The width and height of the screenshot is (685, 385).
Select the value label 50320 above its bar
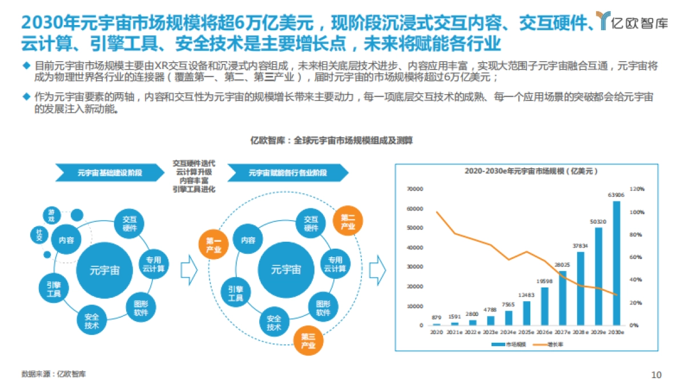click(598, 221)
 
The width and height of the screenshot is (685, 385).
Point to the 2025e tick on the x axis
click(526, 332)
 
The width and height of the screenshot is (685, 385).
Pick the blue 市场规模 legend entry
click(508, 345)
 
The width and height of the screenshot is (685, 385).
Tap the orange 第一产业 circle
click(213, 245)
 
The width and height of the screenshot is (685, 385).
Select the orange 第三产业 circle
click(308, 341)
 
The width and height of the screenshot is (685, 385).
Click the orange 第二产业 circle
click(348, 221)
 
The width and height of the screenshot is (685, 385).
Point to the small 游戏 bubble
click(52, 216)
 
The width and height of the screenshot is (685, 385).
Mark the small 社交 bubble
click(39, 234)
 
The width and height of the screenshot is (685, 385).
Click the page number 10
click(656, 375)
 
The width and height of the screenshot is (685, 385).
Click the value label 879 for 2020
click(437, 317)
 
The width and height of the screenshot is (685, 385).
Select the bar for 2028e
click(581, 289)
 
